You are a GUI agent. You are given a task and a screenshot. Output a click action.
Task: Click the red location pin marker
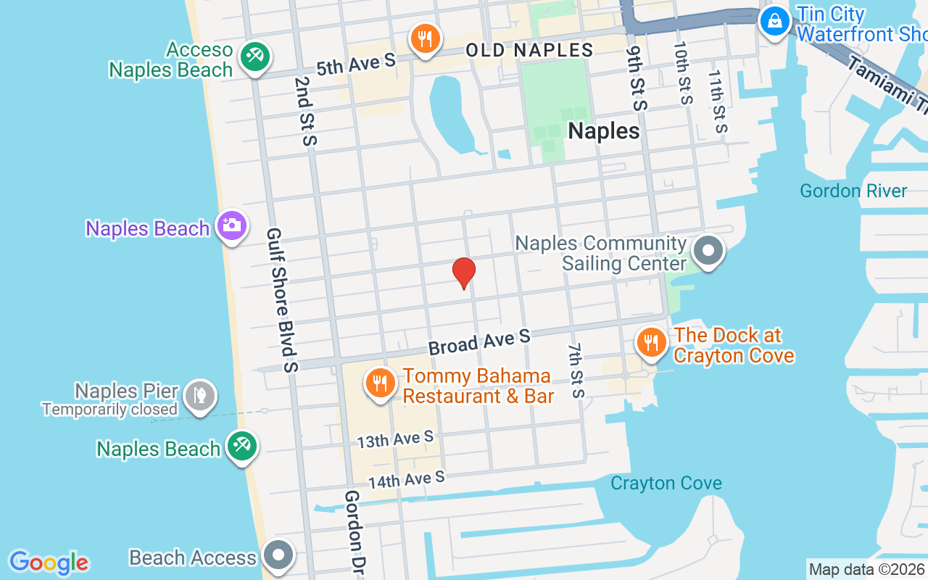click(x=463, y=273)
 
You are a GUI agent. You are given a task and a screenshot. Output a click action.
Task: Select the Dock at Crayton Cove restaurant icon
click(x=651, y=341)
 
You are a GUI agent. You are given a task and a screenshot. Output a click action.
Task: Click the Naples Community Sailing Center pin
click(x=708, y=251)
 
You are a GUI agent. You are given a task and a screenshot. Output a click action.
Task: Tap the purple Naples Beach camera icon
click(x=232, y=225)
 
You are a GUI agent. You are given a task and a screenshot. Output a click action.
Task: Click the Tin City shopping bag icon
click(x=775, y=21)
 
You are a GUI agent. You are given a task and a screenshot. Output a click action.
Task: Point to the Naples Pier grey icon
click(x=200, y=395)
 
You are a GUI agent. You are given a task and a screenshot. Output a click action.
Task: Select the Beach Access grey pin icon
click(x=278, y=555)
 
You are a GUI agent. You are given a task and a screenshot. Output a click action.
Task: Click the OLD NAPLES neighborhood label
click(x=529, y=50)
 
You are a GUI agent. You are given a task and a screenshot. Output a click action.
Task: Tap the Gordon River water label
click(x=853, y=191)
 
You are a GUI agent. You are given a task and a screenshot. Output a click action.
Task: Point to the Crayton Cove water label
click(x=666, y=483)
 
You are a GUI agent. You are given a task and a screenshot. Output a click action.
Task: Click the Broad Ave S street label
click(x=479, y=342)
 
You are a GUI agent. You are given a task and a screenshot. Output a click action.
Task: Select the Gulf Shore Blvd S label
click(x=282, y=300)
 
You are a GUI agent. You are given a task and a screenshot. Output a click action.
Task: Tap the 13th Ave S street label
click(x=395, y=439)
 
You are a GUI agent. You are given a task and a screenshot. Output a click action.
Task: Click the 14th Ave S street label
click(x=406, y=479)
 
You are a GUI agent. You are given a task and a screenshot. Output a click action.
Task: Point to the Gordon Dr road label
click(x=353, y=533)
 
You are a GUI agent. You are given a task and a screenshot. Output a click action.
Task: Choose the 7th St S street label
click(x=576, y=370)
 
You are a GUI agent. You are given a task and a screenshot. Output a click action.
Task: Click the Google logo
click(x=49, y=563)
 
